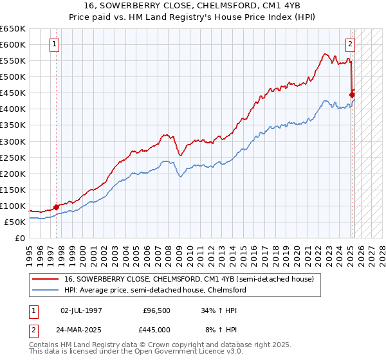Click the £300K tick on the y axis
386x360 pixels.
(12, 141)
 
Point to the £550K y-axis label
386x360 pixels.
(12, 61)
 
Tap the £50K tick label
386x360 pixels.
(15, 222)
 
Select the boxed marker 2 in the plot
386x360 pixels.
(350, 44)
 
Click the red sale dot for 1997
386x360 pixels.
(56, 207)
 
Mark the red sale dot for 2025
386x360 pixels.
(352, 94)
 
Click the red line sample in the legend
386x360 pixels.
(46, 280)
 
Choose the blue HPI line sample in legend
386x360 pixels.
(46, 291)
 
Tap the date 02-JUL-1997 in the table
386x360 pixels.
(81, 310)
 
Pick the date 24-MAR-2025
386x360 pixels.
(81, 329)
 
